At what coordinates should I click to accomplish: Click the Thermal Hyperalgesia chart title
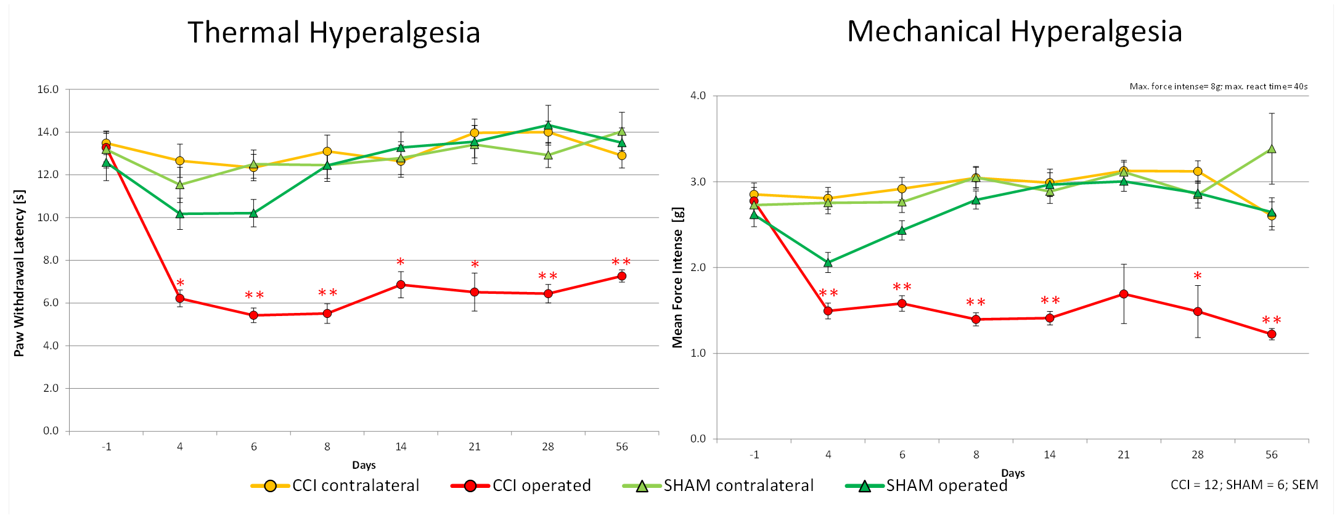coord(333,33)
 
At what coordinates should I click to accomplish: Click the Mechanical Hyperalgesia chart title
coord(1014,31)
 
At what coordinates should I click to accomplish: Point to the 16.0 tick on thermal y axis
coord(48,89)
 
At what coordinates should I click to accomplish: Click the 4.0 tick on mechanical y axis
coord(698,95)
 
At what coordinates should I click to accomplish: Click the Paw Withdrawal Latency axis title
coord(19,273)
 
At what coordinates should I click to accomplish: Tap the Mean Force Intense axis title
coord(677,277)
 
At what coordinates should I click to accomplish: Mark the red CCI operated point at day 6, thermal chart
coord(253,315)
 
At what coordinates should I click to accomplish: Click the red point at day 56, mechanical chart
coord(1271,334)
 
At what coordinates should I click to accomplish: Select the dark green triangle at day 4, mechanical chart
coord(828,262)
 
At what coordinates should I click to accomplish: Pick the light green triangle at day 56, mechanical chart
coord(1271,149)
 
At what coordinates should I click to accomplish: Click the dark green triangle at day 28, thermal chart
coord(548,126)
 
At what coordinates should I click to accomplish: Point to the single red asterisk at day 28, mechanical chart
coord(1197,276)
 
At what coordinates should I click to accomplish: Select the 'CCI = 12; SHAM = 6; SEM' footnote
coord(1244,485)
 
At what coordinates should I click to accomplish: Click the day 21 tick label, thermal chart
coord(474,447)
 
